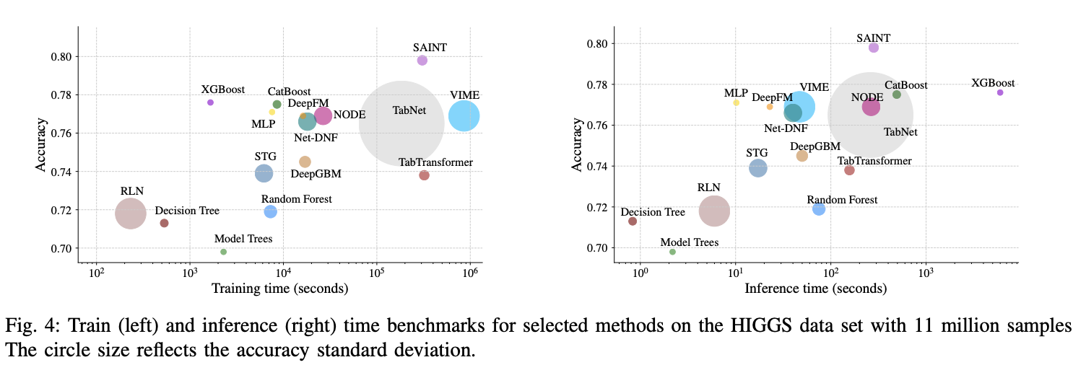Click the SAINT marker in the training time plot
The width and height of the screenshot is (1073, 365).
pyautogui.click(x=422, y=61)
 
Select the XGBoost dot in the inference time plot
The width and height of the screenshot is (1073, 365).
pyautogui.click(x=1000, y=92)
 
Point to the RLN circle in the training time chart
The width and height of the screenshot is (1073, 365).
pyautogui.click(x=131, y=213)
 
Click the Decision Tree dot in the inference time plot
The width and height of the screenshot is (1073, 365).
pyautogui.click(x=633, y=221)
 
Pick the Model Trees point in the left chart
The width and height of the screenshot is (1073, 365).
pyautogui.click(x=224, y=252)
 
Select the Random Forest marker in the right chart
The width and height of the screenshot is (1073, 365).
pyautogui.click(x=819, y=209)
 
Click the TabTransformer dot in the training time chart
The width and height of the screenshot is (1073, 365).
pyautogui.click(x=424, y=175)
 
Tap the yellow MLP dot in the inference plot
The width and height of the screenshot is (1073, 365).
pyautogui.click(x=736, y=102)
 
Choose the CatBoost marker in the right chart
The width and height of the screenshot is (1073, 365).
pyautogui.click(x=897, y=94)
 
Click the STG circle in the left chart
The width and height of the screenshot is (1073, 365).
pyautogui.click(x=264, y=173)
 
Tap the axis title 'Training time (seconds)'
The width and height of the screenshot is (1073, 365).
pyautogui.click(x=279, y=289)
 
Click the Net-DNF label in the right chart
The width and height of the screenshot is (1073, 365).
pyautogui.click(x=786, y=128)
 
